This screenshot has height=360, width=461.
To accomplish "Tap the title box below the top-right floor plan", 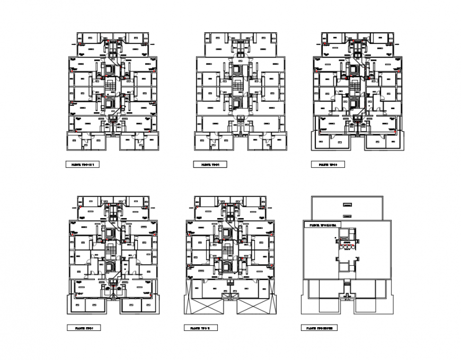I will [x=328, y=165].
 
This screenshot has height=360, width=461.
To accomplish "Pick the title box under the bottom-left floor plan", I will [x=82, y=328].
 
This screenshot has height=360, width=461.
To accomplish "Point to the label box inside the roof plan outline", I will [x=320, y=225].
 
